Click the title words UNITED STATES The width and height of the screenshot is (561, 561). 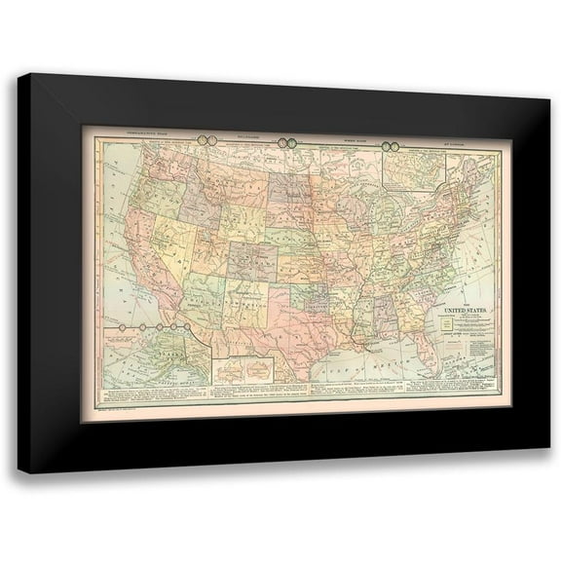tap(467, 312)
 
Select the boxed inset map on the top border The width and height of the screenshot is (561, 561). tap(414, 167)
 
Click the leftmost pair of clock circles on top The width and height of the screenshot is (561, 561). tap(207, 140)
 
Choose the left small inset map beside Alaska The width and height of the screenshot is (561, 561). tap(233, 371)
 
